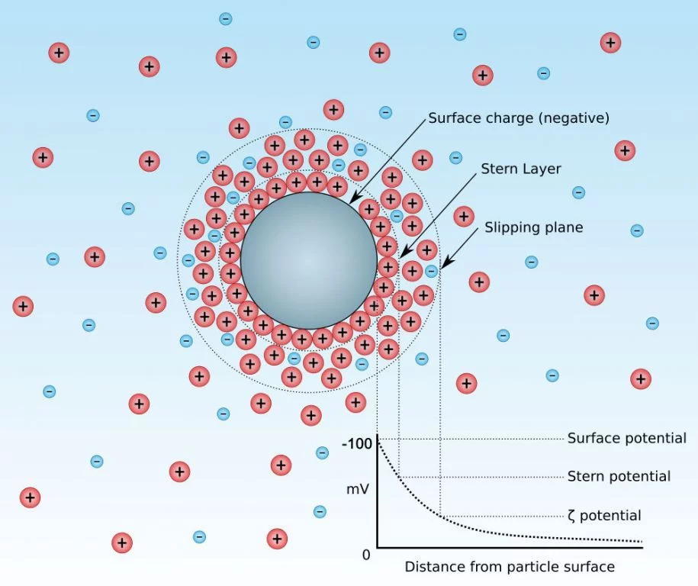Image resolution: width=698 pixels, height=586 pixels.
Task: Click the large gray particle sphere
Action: (308, 261)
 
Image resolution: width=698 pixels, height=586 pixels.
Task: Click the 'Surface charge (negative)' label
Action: (519, 118)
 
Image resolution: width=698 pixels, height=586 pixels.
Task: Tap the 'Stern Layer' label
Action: (521, 169)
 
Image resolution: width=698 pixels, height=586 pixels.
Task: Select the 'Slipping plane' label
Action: (534, 227)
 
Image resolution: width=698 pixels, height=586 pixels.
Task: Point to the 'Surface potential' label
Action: (627, 438)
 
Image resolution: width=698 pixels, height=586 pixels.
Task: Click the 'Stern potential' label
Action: (619, 476)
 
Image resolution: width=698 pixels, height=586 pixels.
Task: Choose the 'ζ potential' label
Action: (604, 516)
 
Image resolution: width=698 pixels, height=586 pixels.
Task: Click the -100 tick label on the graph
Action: (356, 443)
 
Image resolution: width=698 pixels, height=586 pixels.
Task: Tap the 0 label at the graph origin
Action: (366, 555)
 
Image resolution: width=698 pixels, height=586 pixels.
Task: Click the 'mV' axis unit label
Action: (358, 489)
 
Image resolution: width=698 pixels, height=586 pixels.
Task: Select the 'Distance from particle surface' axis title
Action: (510, 567)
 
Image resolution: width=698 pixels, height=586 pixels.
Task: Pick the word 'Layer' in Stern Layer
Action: (542, 169)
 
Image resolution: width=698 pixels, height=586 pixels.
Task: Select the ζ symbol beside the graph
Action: (571, 516)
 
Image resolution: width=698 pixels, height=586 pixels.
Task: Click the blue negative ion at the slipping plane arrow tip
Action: (431, 271)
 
